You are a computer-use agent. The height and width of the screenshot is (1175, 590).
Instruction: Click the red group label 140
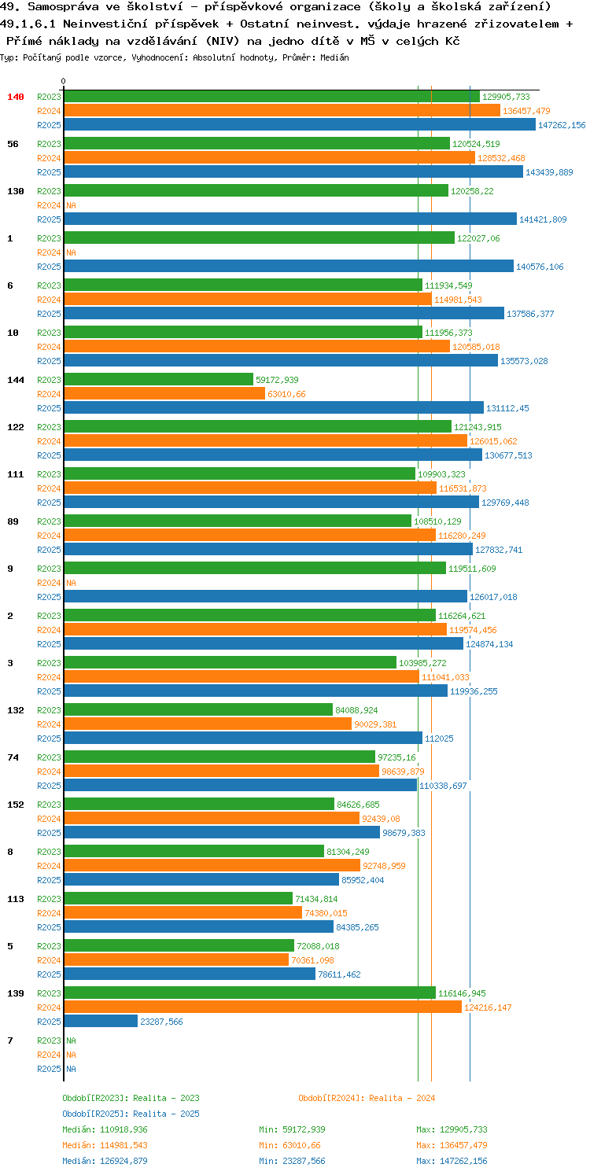tap(15, 97)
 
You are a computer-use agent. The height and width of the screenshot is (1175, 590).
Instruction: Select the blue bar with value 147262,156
tap(300, 125)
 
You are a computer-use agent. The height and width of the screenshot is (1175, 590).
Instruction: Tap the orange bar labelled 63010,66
tap(164, 394)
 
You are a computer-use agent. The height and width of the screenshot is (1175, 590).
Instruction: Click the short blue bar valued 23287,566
tap(101, 1022)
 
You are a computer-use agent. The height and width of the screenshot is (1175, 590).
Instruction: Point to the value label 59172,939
tap(277, 380)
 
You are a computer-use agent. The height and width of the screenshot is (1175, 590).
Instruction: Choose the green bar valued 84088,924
tap(198, 709)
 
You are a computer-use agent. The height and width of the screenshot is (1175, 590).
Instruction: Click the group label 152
tap(15, 805)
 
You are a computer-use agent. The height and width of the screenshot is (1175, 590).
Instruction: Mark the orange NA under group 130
tap(71, 205)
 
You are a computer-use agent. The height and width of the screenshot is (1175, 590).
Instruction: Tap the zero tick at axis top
tap(63, 81)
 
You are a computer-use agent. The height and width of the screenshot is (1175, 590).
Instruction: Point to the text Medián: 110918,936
tap(105, 1129)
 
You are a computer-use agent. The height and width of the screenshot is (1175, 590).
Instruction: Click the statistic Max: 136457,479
tap(452, 1145)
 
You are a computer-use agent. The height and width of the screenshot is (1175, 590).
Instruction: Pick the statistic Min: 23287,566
tap(292, 1161)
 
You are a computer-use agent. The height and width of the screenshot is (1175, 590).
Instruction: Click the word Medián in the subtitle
tap(334, 57)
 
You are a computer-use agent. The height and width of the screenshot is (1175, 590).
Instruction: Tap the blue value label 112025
tap(439, 739)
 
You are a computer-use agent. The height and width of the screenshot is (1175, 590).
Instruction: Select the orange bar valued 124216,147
tap(263, 1007)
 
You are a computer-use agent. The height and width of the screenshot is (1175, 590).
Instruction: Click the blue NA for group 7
tap(71, 1069)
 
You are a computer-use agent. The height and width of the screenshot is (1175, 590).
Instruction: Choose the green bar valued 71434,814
tap(179, 899)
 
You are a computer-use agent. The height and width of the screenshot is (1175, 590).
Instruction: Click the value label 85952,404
tap(362, 880)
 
